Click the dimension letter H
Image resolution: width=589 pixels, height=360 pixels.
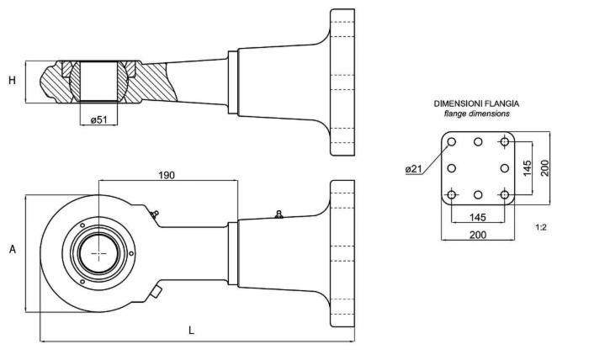tap(12, 81)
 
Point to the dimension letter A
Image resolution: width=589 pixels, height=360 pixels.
tap(12, 250)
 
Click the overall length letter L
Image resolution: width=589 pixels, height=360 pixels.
tap(191, 331)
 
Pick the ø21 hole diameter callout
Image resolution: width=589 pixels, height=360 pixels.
tap(413, 169)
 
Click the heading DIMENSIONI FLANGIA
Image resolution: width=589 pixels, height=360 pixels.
tap(471, 103)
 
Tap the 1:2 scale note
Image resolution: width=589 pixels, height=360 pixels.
tap(541, 227)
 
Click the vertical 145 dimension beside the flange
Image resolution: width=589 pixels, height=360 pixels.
tap(528, 168)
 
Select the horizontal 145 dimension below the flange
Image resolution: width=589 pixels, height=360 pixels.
tap(477, 217)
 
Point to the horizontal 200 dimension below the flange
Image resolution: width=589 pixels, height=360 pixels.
tap(477, 235)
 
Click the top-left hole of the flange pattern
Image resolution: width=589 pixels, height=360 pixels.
tap(452, 142)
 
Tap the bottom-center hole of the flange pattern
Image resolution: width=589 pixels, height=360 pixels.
tap(478, 195)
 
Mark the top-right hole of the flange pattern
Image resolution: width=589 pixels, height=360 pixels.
tap(504, 142)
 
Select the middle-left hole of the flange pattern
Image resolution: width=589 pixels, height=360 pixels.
tap(452, 168)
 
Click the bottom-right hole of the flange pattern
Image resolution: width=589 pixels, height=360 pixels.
tap(504, 195)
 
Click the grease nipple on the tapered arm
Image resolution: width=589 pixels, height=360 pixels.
tap(279, 215)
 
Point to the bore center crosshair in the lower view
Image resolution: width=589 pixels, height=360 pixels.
tap(99, 252)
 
